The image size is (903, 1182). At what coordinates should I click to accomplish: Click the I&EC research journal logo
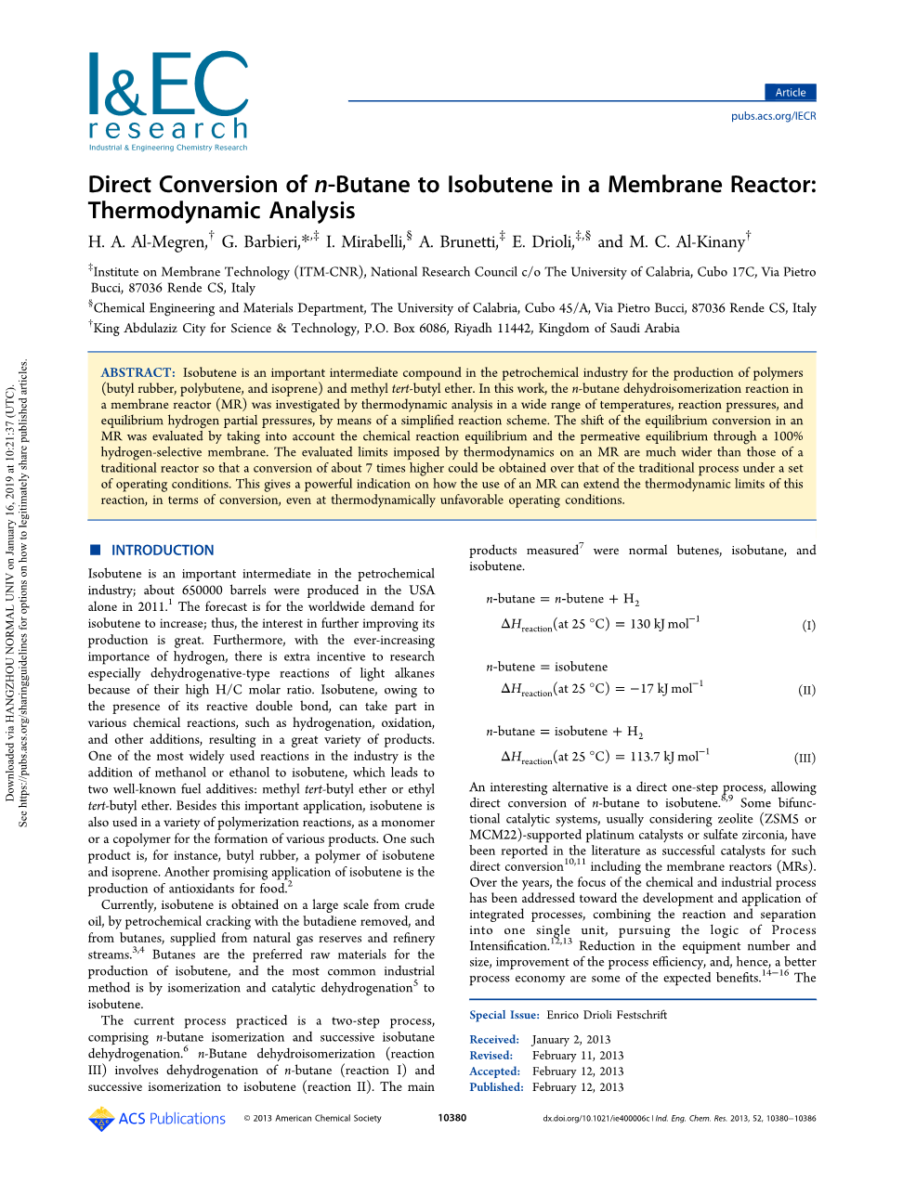click(168, 101)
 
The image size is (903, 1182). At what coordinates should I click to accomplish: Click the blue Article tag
click(791, 92)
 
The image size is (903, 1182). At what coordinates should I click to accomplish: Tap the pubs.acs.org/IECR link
click(773, 116)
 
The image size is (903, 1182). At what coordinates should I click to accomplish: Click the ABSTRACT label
click(137, 372)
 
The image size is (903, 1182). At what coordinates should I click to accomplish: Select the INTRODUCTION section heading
click(163, 551)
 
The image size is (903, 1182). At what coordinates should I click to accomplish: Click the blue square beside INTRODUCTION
click(94, 550)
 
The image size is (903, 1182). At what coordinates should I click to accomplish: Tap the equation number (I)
click(808, 625)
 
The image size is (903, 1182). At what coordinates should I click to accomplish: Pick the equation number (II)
click(806, 690)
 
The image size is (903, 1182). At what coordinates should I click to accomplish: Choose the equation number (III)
click(805, 758)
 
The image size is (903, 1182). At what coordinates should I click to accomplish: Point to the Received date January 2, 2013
click(571, 1039)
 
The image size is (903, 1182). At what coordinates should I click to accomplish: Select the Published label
click(496, 1087)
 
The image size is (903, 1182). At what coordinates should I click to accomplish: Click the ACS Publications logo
click(157, 1118)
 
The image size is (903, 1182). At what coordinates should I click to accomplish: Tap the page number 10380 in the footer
click(451, 1118)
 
